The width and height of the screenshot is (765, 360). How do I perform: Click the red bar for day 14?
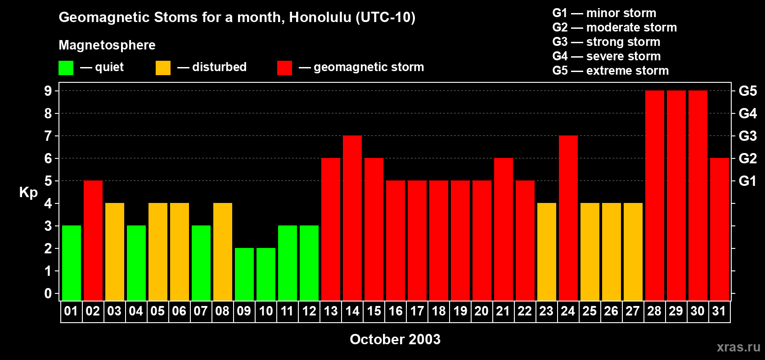coord(352,218)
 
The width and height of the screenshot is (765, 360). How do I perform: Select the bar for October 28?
coord(655,195)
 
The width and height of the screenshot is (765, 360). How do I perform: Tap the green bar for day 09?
coord(244,274)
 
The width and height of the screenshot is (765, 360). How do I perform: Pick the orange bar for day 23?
coord(547,252)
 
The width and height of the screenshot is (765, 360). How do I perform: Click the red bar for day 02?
coord(93,240)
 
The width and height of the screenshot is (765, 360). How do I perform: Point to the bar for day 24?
coord(568,218)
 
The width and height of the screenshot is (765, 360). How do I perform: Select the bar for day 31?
coord(720,229)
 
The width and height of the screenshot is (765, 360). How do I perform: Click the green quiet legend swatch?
coord(66,68)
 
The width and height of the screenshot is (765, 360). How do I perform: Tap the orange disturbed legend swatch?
coord(163,68)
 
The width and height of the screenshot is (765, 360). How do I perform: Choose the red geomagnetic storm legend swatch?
coord(284,68)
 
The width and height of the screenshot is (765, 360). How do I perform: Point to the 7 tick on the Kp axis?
coord(48,136)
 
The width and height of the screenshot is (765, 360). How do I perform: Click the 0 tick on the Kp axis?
coord(48,293)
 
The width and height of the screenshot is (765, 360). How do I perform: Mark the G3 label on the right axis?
coord(747,136)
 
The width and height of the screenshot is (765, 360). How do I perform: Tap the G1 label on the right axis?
coord(747,181)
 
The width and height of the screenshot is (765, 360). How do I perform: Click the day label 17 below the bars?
coord(417,311)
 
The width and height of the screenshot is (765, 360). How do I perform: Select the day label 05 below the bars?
coord(157,311)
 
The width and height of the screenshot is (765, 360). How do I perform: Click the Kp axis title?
coord(28,192)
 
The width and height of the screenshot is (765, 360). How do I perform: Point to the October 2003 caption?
coord(395,339)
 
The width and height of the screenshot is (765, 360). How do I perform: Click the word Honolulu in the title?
coord(320,17)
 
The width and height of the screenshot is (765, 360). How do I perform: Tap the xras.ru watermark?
coord(738,347)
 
